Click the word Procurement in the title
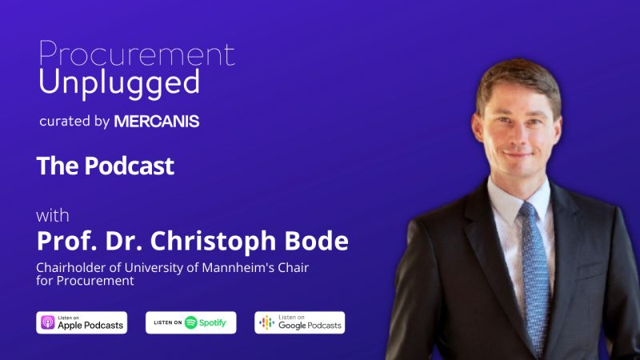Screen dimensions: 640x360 (137, 54)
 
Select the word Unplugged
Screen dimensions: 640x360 (119, 84)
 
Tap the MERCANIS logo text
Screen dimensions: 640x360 (157, 122)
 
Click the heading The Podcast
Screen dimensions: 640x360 (106, 166)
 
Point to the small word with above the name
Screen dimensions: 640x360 (53, 215)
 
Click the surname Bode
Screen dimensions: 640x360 (316, 241)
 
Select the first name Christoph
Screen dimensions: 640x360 (213, 242)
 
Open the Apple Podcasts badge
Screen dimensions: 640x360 (82, 322)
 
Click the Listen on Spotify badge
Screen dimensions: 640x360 (190, 322)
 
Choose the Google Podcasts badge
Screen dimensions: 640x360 (299, 322)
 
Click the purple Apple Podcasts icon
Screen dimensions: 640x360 (48, 322)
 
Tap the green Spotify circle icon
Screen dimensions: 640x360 (190, 322)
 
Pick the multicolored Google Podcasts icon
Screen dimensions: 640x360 (266, 322)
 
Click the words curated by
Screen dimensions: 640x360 (74, 122)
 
